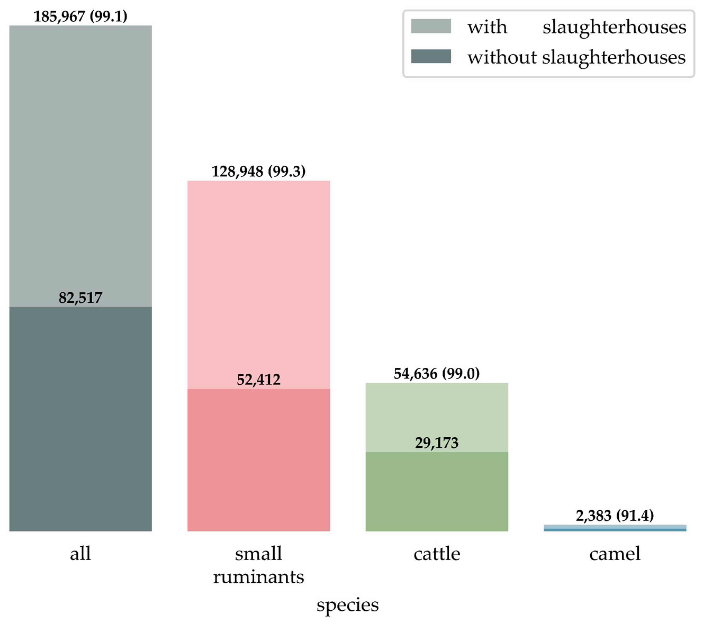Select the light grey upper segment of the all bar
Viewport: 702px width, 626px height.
(x=80, y=165)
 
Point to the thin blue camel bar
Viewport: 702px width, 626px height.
(x=615, y=528)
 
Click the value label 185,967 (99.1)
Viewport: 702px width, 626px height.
(x=80, y=16)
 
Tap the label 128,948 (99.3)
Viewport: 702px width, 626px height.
(x=259, y=171)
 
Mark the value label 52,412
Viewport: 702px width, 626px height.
(x=259, y=380)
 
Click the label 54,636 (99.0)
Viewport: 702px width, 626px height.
(x=437, y=374)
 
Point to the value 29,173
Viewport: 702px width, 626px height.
(x=437, y=443)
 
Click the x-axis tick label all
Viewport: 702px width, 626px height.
(x=80, y=554)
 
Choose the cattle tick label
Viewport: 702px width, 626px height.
(x=437, y=554)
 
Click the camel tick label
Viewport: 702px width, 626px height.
(x=615, y=554)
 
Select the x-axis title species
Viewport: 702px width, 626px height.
(x=347, y=605)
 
